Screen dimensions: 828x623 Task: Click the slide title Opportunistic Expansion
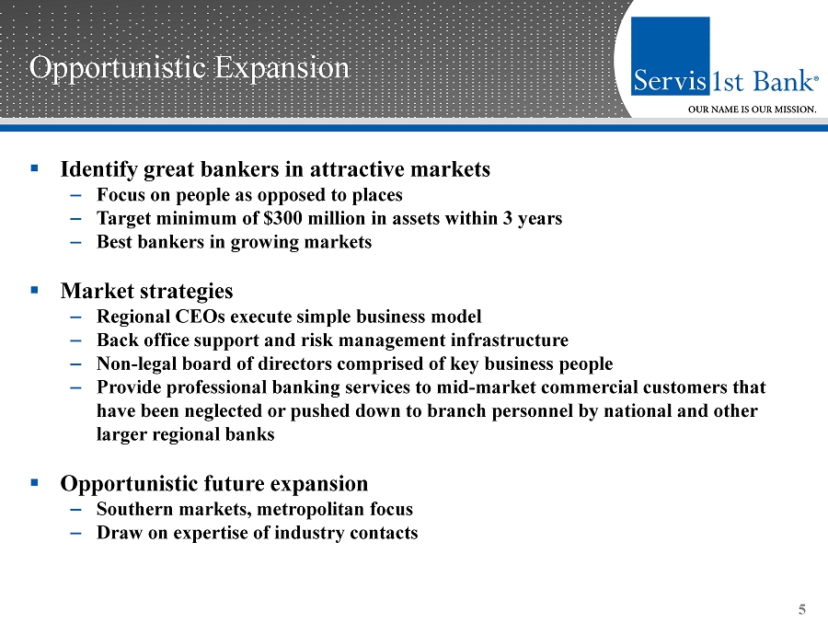coord(189,69)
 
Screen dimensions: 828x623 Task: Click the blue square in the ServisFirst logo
coord(670,56)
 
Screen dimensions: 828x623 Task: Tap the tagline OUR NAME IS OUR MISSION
coord(752,110)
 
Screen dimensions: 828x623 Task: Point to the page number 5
coord(801,610)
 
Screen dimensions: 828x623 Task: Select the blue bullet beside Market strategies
coord(35,290)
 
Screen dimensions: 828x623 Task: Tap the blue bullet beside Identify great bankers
coord(35,168)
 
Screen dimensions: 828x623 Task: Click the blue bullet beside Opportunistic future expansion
coord(35,482)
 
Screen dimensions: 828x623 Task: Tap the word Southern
coord(134,509)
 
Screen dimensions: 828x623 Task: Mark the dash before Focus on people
coord(75,195)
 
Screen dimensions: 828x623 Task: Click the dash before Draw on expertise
coord(75,533)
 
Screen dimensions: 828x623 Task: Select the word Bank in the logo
coord(783,81)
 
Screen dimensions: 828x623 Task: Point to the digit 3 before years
coord(508,218)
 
